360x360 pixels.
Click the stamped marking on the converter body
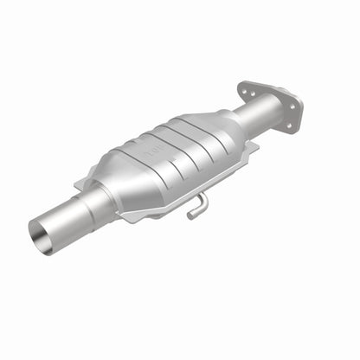[158, 151]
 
